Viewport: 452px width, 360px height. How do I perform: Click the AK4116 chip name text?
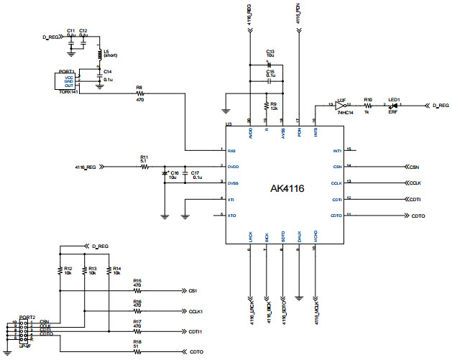287,188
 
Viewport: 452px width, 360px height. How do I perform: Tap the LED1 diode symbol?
392,105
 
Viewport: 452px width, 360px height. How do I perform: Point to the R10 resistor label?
367,99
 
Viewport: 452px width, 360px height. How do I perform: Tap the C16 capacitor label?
173,172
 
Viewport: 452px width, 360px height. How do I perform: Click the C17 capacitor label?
196,172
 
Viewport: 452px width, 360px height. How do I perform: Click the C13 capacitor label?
270,52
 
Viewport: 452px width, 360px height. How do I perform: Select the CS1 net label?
192,291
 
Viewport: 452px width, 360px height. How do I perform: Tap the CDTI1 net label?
195,331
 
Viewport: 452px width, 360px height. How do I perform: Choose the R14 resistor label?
116,268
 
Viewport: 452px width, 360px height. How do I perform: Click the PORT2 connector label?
27,317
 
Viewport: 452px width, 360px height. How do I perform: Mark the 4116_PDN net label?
298,13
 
